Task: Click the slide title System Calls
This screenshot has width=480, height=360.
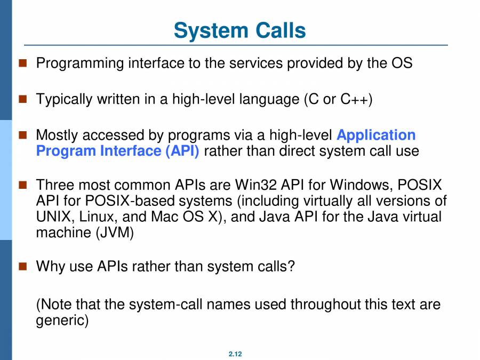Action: tap(240, 30)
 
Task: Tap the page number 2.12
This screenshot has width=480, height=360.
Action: tap(235, 354)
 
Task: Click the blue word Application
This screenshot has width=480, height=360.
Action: tap(376, 135)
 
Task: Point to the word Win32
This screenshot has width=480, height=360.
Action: tap(253, 185)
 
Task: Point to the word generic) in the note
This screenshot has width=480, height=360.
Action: tap(62, 321)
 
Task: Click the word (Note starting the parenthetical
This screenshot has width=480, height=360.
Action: tap(53, 305)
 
